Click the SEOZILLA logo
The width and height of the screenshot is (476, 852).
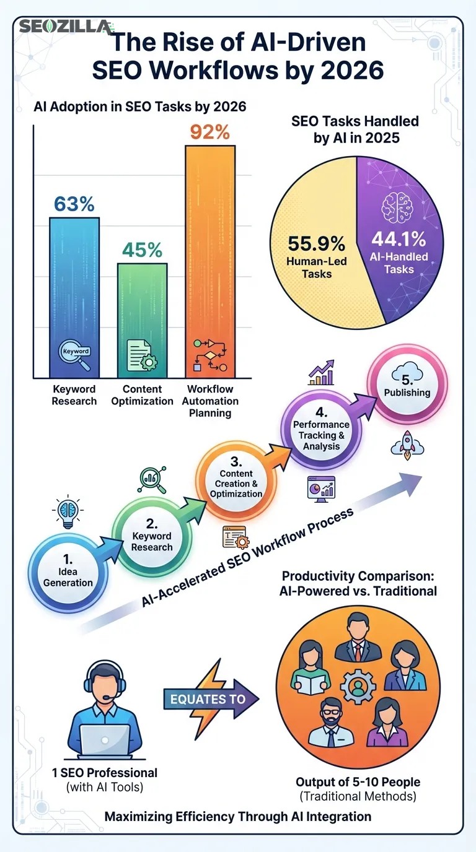(x=66, y=27)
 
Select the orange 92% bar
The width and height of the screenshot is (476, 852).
(x=210, y=260)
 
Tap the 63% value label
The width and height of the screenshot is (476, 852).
(x=74, y=204)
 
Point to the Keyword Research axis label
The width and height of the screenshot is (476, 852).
(x=74, y=395)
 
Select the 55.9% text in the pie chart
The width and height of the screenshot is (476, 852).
(x=316, y=243)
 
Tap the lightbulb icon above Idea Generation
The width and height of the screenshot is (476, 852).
(x=67, y=511)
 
